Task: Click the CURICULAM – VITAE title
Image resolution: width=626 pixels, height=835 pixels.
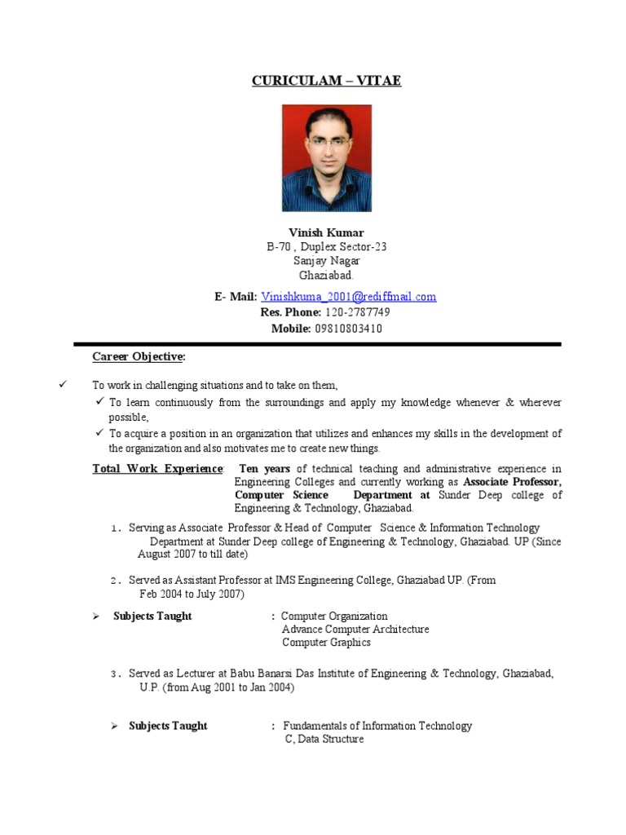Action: tap(326, 81)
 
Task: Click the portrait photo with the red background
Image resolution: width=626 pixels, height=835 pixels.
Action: tap(326, 158)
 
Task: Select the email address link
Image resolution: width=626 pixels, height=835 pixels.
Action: tap(349, 297)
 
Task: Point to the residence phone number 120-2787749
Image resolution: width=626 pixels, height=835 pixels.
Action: tap(357, 312)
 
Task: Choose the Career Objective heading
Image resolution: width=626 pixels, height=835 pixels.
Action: tap(139, 357)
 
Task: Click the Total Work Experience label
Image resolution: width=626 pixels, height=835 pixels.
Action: tap(157, 469)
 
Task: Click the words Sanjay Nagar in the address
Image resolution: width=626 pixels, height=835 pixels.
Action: tap(326, 261)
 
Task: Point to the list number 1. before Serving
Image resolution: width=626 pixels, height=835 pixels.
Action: tap(117, 528)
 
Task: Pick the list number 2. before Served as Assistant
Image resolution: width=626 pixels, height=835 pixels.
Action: tap(117, 581)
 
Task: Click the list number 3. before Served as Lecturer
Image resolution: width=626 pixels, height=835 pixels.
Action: tap(117, 674)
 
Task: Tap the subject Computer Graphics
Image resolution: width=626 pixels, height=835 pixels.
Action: tap(326, 643)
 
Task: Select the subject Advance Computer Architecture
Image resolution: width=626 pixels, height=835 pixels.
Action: tap(355, 630)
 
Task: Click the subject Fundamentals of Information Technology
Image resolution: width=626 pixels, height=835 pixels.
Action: tap(377, 726)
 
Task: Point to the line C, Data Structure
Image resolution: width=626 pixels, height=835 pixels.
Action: tap(324, 739)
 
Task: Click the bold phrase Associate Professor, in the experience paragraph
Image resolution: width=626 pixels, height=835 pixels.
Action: tap(513, 482)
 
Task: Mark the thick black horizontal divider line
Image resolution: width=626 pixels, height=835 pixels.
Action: tap(317, 344)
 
